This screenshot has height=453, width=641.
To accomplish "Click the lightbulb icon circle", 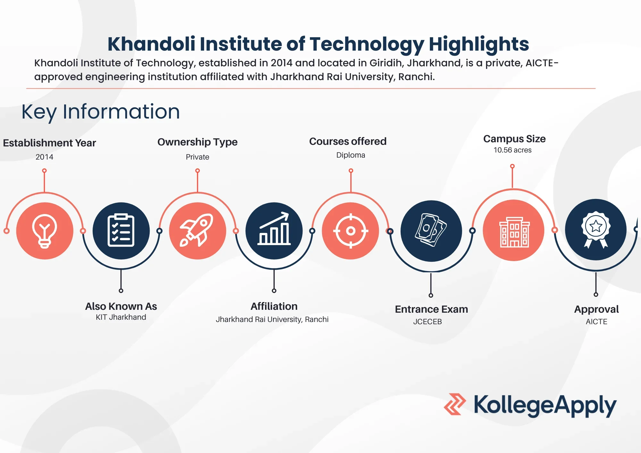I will pos(45,231).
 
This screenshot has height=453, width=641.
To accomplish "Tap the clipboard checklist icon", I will pos(121,231).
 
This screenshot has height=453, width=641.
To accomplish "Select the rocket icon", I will pos(197,231).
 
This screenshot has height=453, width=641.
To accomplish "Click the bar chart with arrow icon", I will pos(274,231).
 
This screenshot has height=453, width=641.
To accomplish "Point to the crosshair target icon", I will pos(351,231).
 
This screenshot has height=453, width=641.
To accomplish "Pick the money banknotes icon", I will pos(431,231).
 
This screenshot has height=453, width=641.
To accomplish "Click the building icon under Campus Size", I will pos(514,231).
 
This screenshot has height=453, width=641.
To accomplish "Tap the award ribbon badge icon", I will pos(595,230).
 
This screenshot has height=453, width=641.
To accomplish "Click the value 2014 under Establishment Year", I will pos(44,157).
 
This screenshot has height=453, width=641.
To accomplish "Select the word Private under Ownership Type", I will pos(197,157).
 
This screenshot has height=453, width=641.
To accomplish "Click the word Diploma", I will pos(351,155).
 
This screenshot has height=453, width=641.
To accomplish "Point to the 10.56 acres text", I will pos(512,150).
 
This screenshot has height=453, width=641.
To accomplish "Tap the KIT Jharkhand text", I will pos(121,317).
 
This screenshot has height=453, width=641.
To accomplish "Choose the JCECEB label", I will pos(427,322).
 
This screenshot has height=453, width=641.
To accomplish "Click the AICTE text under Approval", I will pos(596,322).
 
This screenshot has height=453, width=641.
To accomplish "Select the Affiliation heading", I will pos(274,306).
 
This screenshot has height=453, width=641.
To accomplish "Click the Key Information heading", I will pos(101,112).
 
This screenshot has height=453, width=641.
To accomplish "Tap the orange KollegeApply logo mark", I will pos(454,404).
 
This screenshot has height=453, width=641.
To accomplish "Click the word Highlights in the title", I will pos(479,44).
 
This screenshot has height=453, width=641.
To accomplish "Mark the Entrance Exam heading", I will pos(431,309).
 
